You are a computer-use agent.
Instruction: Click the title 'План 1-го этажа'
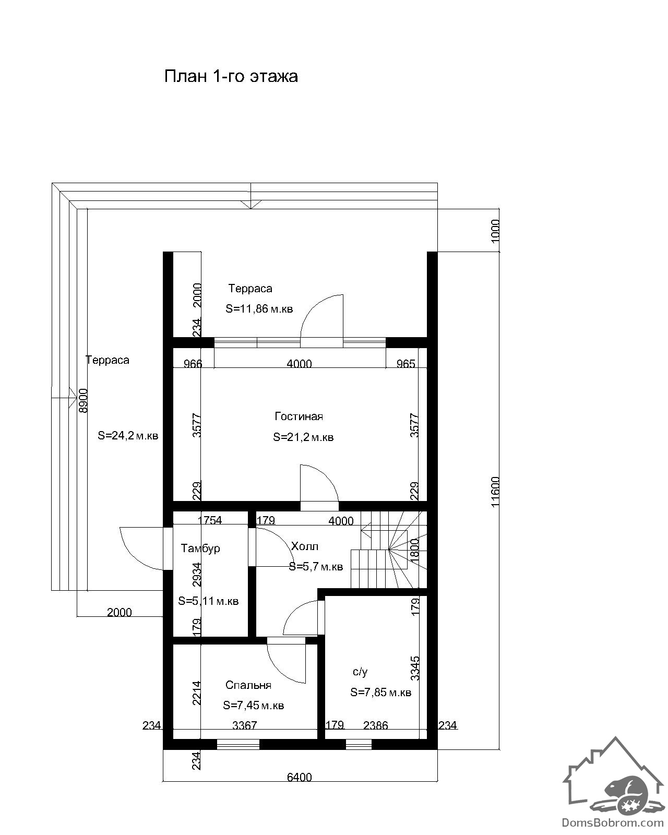pos(231,76)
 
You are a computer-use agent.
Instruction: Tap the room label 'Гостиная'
pos(299,417)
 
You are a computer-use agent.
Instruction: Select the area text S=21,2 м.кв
pos(303,437)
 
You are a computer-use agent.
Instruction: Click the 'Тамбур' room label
pos(200,548)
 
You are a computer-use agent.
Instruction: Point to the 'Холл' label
pos(305,547)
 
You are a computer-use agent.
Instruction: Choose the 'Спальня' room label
pos(248,685)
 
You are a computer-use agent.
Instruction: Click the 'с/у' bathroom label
pos(360,672)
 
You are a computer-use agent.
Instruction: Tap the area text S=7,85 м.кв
pos(380,692)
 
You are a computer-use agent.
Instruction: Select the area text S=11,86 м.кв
pos(259,309)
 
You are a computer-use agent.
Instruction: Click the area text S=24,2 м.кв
pos(128,436)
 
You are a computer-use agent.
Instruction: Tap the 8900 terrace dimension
pos(83,400)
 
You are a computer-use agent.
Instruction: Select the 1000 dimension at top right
pos(495,231)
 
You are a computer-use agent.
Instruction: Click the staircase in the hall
pos(389,550)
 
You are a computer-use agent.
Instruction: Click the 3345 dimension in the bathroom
pos(415,668)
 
